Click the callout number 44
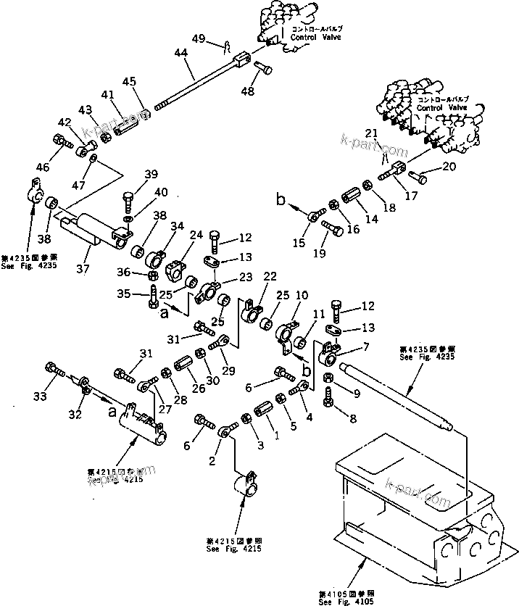[x=180, y=53]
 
